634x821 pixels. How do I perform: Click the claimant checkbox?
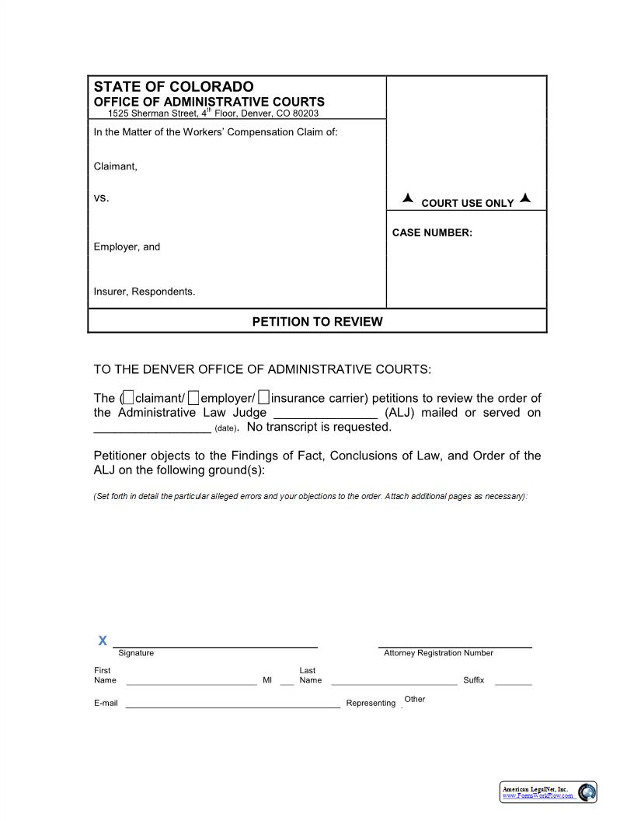pos(129,398)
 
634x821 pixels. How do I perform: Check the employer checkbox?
pos(194,398)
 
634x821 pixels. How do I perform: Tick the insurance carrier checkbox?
pos(264,398)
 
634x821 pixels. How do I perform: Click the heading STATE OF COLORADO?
pos(173,86)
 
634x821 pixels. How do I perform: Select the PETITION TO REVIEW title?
pos(317,321)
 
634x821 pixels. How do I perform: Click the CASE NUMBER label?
pos(432,232)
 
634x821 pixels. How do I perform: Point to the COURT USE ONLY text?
pos(467,203)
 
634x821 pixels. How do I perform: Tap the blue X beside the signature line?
pos(103,641)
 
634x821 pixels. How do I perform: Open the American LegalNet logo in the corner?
pos(548,791)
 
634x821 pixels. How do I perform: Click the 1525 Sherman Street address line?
pos(213,113)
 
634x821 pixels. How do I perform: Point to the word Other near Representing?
pos(415,699)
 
